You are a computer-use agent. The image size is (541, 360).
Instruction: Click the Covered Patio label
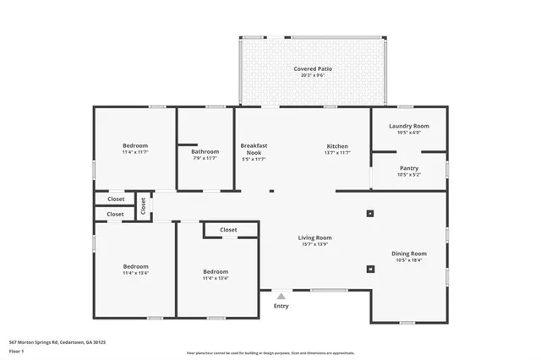(312, 68)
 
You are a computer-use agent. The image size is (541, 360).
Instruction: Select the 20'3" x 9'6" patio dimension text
(312, 75)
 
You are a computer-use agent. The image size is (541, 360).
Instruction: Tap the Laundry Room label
(409, 126)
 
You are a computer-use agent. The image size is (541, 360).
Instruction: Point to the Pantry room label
(409, 168)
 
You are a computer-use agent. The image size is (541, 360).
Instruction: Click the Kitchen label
(337, 146)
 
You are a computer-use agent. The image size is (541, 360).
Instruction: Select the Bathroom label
(205, 151)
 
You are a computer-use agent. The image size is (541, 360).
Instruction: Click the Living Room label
(314, 237)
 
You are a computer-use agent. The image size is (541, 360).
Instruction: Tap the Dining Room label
(409, 254)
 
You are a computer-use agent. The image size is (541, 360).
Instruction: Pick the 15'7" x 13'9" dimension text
(314, 244)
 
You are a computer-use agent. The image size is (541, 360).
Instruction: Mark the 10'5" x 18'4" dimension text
(409, 260)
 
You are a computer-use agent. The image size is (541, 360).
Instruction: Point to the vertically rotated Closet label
(144, 205)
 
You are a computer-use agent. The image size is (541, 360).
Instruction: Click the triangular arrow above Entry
(281, 296)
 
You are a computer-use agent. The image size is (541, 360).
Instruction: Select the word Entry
(281, 306)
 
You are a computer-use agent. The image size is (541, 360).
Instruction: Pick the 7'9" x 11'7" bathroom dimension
(205, 158)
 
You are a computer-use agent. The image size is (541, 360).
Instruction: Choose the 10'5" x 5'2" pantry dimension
(409, 175)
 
